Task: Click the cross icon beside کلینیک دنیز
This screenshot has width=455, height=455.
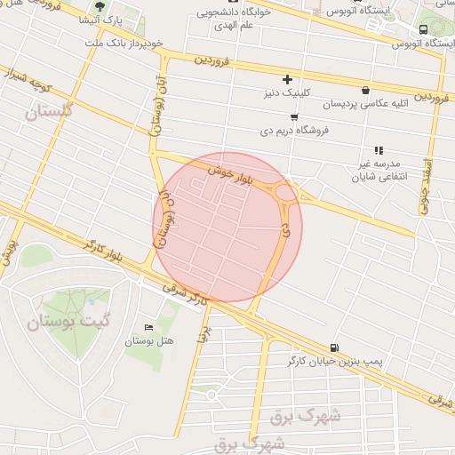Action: pyautogui.click(x=287, y=79)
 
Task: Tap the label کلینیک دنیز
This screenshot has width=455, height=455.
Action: pyautogui.click(x=285, y=92)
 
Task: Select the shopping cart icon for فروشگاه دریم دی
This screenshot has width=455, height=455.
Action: pyautogui.click(x=294, y=116)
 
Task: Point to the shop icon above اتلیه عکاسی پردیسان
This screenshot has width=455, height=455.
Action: pyautogui.click(x=366, y=89)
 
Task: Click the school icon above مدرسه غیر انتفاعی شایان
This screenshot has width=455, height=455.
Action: pyautogui.click(x=379, y=151)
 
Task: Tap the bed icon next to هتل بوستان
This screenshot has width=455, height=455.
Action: pyautogui.click(x=148, y=327)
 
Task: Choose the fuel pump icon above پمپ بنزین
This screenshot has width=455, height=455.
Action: pyautogui.click(x=333, y=347)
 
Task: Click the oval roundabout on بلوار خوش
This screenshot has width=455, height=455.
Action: pyautogui.click(x=286, y=191)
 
